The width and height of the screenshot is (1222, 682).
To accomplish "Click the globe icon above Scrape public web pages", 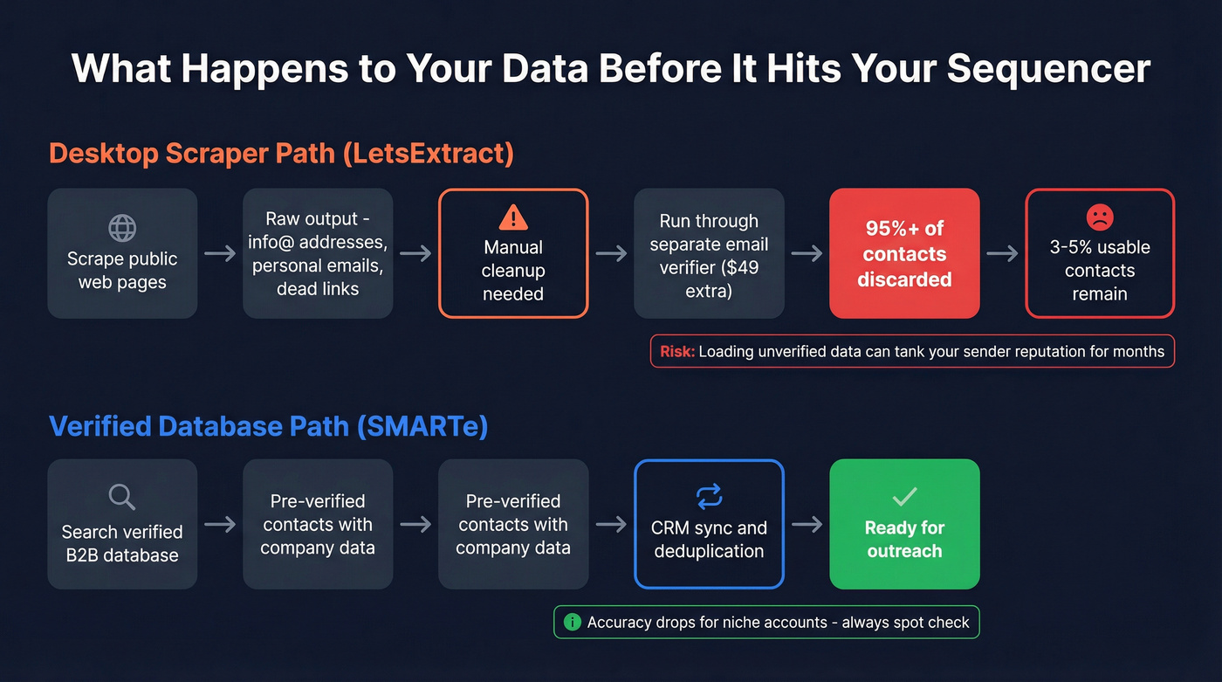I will tap(122, 227).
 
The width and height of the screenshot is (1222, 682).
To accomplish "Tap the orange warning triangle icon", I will tap(513, 217).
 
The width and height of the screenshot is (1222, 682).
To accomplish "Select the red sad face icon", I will tap(1099, 217).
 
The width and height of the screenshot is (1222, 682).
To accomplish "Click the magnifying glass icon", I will tap(122, 497).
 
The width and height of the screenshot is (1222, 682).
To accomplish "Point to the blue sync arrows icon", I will tap(709, 497).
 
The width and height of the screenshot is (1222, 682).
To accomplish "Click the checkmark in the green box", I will tap(904, 497).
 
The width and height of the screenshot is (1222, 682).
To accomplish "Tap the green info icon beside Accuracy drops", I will tap(573, 623).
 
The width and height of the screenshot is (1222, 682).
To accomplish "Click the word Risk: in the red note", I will tap(677, 352).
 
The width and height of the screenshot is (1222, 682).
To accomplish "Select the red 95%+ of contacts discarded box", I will tap(904, 253).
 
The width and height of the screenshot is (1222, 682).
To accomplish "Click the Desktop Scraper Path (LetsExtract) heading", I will tap(281, 154).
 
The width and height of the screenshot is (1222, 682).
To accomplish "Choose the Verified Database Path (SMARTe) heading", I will tap(268, 426).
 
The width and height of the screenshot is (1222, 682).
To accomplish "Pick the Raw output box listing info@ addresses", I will tap(318, 253).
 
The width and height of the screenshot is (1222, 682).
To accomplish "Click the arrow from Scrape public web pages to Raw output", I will tap(220, 253).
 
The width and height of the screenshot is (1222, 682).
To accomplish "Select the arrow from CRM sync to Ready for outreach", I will tap(807, 524).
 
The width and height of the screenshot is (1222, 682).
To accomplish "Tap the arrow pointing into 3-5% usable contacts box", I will tap(1002, 253).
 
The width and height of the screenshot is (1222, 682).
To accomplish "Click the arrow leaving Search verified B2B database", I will tap(220, 524).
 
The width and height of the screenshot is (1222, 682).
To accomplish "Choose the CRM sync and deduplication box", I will tap(709, 524).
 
